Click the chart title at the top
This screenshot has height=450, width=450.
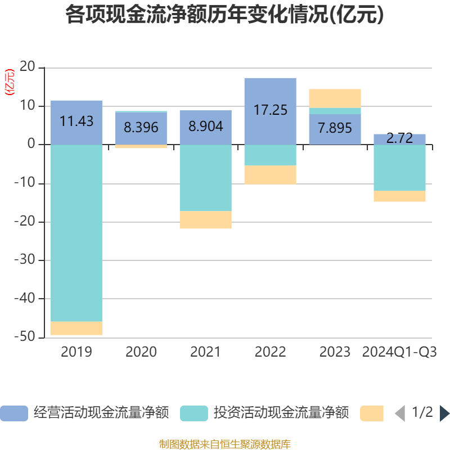(224, 15)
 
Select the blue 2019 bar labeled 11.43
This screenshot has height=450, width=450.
(76, 123)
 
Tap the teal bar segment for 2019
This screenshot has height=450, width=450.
(76, 233)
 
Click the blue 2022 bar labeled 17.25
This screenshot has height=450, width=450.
(271, 111)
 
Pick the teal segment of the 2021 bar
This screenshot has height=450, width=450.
(206, 178)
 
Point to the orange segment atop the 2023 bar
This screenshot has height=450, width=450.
(335, 98)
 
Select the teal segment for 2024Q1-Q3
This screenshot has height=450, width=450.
(399, 168)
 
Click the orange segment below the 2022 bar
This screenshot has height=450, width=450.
(271, 175)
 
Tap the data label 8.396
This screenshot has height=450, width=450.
(141, 127)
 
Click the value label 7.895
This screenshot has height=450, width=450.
(335, 128)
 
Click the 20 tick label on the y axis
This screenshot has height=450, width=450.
(27, 66)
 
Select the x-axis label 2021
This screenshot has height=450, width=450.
(205, 352)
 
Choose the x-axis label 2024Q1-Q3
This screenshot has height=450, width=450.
(399, 352)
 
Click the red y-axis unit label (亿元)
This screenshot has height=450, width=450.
(10, 82)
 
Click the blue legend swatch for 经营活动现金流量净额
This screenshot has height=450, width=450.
(14, 413)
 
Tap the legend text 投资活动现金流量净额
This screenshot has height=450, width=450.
(281, 413)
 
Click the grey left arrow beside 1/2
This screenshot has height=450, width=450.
(400, 413)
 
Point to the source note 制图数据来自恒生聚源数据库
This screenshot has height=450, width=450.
(225, 444)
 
